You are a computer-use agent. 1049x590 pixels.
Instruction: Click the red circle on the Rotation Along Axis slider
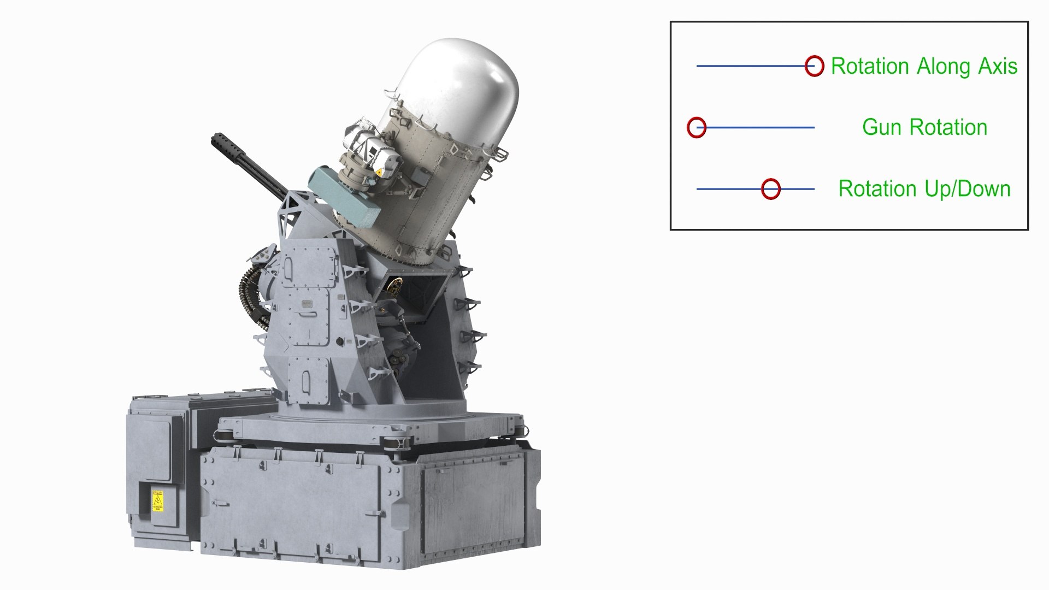(x=814, y=66)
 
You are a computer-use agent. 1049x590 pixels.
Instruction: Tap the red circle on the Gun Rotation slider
(x=697, y=127)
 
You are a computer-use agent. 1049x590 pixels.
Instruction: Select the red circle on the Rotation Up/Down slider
(x=770, y=189)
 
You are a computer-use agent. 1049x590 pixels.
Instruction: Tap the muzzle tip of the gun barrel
(x=215, y=141)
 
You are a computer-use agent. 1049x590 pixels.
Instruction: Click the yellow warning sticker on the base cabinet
(x=157, y=500)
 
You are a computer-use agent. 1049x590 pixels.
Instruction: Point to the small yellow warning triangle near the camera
(x=378, y=173)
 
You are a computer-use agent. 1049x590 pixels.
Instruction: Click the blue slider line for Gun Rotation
(x=759, y=127)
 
